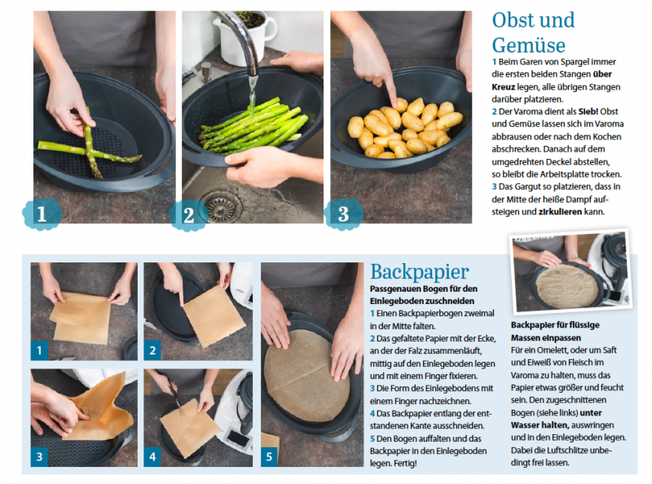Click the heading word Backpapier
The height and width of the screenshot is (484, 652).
click(x=420, y=272)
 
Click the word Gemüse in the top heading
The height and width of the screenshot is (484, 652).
click(x=528, y=45)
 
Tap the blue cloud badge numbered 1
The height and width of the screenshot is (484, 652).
click(x=42, y=214)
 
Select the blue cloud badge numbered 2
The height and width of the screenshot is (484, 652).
click(x=189, y=214)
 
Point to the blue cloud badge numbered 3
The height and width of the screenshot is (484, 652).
click(x=343, y=214)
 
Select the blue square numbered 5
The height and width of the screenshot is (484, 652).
click(x=269, y=456)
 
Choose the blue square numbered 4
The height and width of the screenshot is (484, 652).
click(x=152, y=456)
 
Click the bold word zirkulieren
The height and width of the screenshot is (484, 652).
click(x=560, y=212)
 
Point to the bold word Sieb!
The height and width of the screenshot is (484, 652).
click(x=588, y=112)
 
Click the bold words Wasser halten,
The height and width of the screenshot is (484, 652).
click(x=540, y=425)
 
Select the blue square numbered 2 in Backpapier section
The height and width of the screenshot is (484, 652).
click(x=152, y=350)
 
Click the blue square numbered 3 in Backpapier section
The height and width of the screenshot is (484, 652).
click(x=39, y=456)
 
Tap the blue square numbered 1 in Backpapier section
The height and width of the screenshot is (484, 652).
click(x=39, y=350)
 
